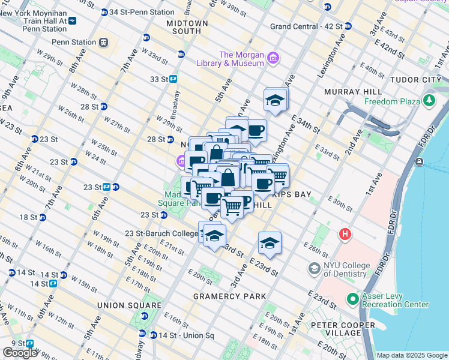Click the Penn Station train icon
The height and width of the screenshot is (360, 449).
[104, 42]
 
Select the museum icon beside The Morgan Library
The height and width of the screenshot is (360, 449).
[273, 58]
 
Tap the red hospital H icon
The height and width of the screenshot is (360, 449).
[345, 233]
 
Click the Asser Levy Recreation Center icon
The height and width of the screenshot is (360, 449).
[352, 298]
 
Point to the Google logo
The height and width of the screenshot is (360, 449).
[20, 353]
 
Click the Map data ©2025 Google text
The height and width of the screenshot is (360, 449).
[412, 355]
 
